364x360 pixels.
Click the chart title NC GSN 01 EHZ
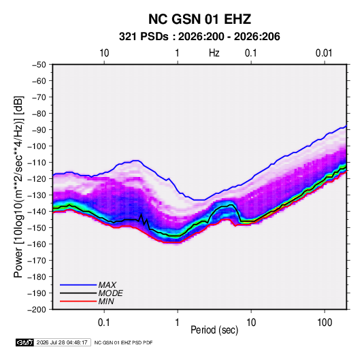[199, 19]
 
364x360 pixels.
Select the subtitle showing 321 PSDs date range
[199, 37]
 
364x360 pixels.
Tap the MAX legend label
[107, 284]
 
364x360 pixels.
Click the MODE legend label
[110, 293]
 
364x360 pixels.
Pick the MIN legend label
[106, 301]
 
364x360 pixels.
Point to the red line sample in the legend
[78, 301]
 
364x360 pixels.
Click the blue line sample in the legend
[78, 284]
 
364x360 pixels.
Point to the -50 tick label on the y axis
[39, 65]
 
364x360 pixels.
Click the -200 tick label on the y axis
[37, 310]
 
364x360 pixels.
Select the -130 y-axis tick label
[37, 195]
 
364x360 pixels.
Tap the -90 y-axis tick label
[39, 130]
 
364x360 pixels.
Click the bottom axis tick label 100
[325, 323]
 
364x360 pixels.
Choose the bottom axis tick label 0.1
[103, 323]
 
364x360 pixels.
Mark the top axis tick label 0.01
[324, 53]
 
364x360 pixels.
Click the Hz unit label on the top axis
[214, 53]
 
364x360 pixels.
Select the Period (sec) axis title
[214, 330]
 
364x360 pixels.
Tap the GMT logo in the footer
[24, 342]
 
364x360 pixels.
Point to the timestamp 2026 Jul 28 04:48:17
[62, 342]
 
